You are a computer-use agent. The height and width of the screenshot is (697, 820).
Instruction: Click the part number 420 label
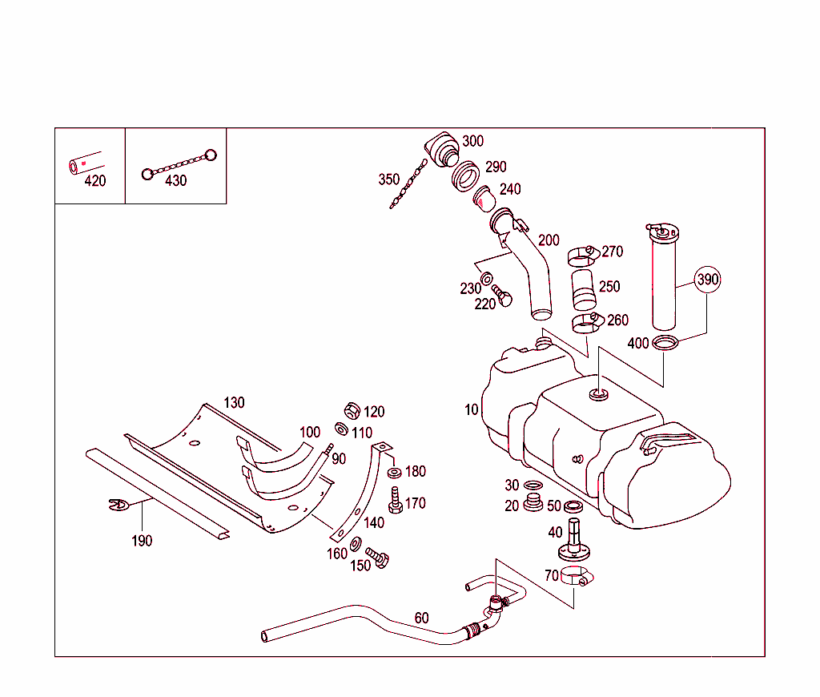coord(94,181)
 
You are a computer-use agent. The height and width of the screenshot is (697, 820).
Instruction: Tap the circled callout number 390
coord(708,280)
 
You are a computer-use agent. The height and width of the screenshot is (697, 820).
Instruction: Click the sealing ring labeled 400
coord(665,344)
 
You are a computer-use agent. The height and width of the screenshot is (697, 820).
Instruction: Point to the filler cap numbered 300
coord(441,150)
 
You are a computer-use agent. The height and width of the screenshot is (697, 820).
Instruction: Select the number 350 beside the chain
coord(388,179)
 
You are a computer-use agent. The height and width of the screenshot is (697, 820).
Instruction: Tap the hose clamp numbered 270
coord(582,256)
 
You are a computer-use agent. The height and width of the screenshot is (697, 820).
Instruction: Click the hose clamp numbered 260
coord(587,323)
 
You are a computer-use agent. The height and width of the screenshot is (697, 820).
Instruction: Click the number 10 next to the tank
coord(471,409)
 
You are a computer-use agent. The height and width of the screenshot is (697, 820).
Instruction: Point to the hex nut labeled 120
coord(350,411)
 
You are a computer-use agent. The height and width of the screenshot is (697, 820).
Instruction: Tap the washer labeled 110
coord(341,430)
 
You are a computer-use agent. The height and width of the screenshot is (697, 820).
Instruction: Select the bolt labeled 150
coord(376,556)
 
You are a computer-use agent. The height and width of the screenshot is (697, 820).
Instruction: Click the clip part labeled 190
coord(118,504)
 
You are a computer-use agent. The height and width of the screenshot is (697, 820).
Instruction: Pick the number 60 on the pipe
coord(421,618)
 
